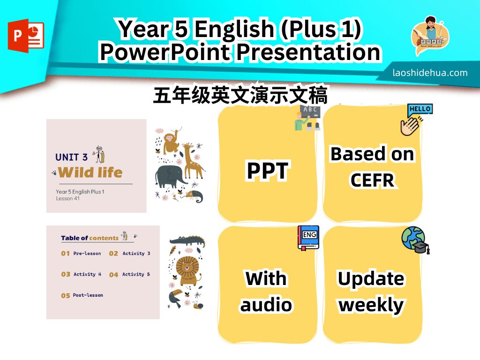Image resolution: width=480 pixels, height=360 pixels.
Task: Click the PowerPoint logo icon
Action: click(26, 36)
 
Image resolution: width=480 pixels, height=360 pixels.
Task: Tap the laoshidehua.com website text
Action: click(430, 73)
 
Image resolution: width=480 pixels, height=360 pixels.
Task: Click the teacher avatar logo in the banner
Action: click(430, 36)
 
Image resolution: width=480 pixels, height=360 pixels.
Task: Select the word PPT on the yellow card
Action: click(267, 171)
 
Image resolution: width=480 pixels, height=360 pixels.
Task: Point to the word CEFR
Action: click(372, 180)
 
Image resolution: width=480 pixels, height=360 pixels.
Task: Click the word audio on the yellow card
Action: click(266, 305)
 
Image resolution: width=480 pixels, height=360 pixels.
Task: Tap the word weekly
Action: click(371, 305)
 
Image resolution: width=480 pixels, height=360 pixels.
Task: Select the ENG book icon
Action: click(308, 238)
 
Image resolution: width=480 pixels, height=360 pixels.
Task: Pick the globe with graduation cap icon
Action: click(415, 240)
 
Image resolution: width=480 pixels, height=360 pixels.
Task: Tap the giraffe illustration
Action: click(193, 160)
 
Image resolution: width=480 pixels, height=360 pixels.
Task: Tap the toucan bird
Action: click(176, 299)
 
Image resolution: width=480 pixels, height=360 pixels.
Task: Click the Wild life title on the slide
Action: click(90, 172)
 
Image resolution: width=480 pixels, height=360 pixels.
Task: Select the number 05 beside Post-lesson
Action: click(66, 295)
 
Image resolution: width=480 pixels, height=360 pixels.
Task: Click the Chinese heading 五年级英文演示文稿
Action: click(240, 95)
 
